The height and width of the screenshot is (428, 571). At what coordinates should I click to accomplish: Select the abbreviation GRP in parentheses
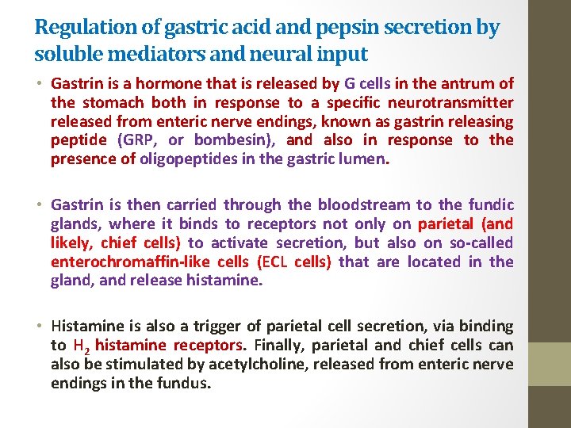pos(137,140)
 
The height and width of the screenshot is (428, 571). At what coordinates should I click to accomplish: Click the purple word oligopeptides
pos(178,159)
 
